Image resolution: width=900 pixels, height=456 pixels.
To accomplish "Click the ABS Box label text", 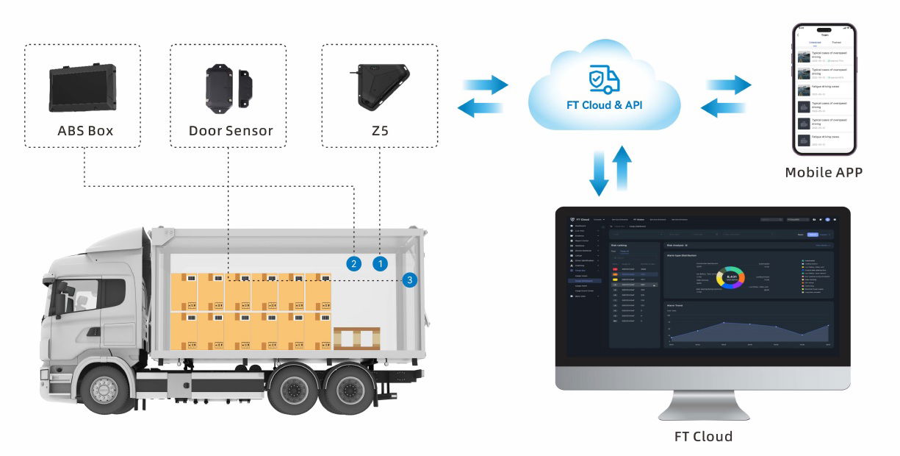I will pyautogui.click(x=85, y=132).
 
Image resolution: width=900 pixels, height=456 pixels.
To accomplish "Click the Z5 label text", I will pyautogui.click(x=380, y=132).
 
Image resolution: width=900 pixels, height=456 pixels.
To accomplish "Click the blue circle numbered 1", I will pyautogui.click(x=380, y=262).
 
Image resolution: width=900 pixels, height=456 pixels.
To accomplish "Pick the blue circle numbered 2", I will pyautogui.click(x=354, y=263).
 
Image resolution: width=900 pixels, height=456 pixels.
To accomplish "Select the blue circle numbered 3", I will pyautogui.click(x=410, y=279).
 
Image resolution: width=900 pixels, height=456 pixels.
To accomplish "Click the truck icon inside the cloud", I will pyautogui.click(x=604, y=79).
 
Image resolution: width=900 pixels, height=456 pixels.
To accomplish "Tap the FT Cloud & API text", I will pyautogui.click(x=605, y=105).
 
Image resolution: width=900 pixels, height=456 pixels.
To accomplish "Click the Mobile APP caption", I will pyautogui.click(x=823, y=173).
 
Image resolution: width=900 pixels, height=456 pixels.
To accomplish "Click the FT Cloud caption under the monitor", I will pyautogui.click(x=703, y=436).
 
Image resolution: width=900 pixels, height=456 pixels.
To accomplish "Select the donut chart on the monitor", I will pyautogui.click(x=730, y=279).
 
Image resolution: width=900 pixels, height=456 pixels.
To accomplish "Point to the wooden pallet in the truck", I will pyautogui.click(x=356, y=338).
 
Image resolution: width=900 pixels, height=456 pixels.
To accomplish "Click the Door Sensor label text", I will pyautogui.click(x=231, y=132).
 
